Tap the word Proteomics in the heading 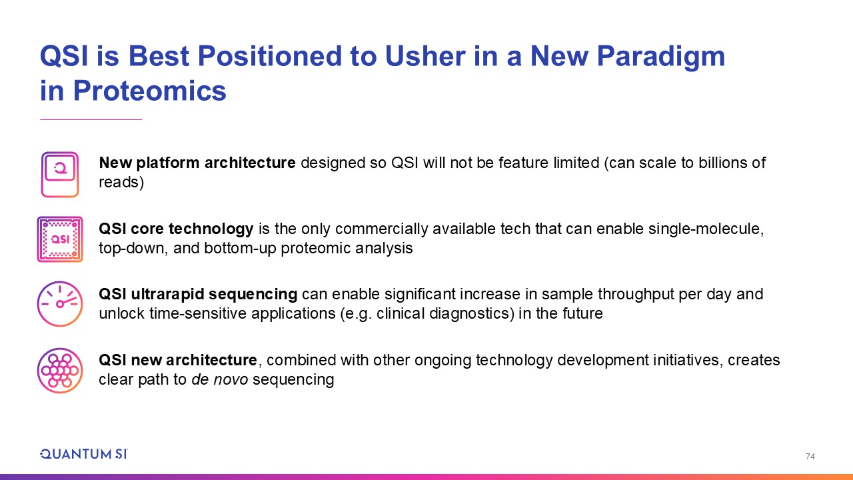click(150, 91)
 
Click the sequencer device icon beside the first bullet click(60, 175)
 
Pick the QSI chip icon click(60, 239)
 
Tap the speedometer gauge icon click(60, 304)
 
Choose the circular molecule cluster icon click(60, 370)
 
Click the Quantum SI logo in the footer click(84, 454)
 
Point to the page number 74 click(810, 456)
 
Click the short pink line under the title click(91, 119)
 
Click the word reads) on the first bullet click(121, 182)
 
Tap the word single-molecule click(706, 229)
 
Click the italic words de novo click(220, 379)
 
